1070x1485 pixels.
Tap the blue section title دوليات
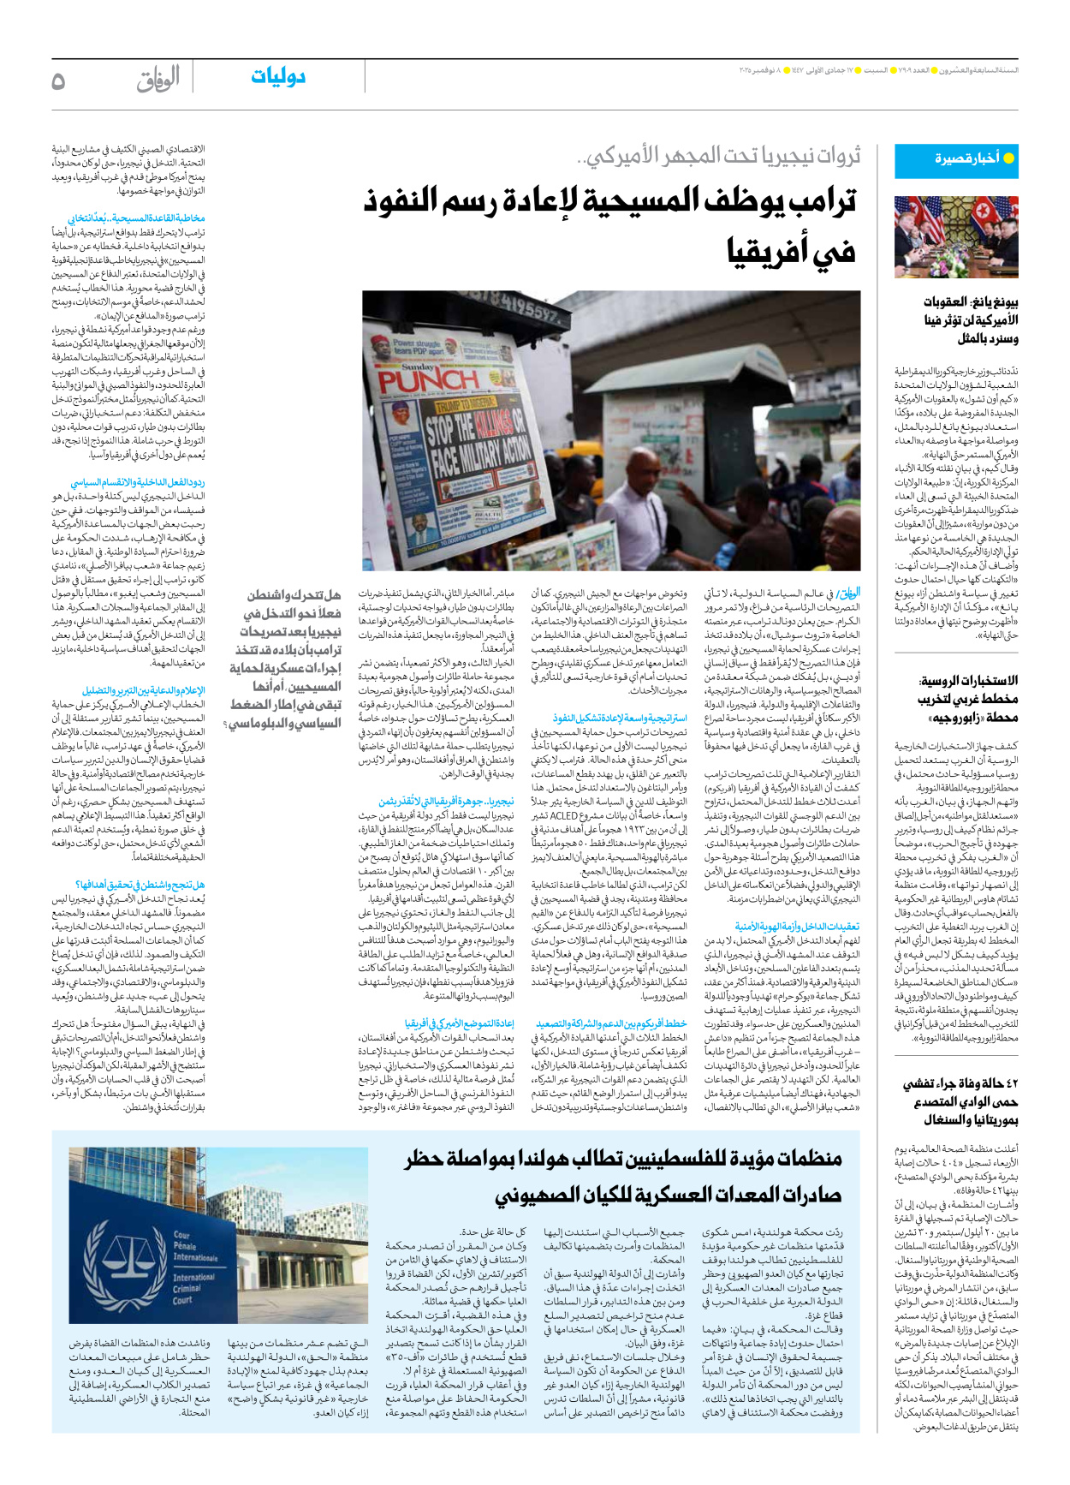(278, 77)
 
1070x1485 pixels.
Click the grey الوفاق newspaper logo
(158, 80)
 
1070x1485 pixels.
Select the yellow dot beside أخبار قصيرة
(1008, 158)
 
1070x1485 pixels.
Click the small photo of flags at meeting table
(956, 236)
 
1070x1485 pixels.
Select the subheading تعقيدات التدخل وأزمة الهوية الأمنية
(797, 926)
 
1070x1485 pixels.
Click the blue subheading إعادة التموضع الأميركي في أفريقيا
(460, 1023)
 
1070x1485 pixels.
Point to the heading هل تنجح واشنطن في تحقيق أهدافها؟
(140, 885)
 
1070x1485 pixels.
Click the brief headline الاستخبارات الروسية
(969, 681)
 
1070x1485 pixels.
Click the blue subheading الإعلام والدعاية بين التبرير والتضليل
(143, 690)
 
